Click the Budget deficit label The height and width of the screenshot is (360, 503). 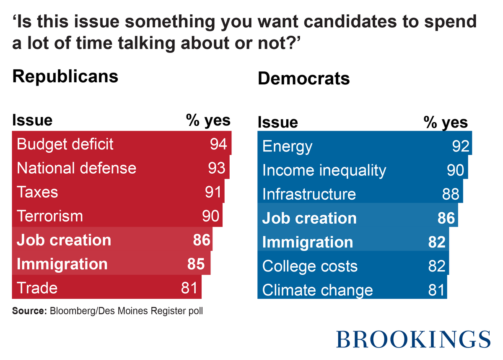(x=65, y=144)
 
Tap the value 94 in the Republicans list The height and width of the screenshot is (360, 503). (x=218, y=144)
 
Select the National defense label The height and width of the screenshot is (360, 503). (x=76, y=168)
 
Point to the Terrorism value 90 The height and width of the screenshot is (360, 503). (x=211, y=216)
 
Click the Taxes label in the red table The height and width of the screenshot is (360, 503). (x=37, y=192)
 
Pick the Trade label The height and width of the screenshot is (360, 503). (x=37, y=288)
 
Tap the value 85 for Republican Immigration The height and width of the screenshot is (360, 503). (x=196, y=264)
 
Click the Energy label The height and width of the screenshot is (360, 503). (x=287, y=147)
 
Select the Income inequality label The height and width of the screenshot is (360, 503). (x=324, y=171)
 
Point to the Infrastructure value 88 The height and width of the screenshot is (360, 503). (x=451, y=195)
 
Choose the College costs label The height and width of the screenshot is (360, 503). (x=310, y=266)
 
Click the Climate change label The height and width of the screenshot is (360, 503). (x=317, y=290)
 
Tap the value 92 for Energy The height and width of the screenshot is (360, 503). (x=460, y=147)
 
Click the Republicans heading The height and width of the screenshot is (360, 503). (x=65, y=77)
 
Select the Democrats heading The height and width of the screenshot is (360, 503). (x=303, y=78)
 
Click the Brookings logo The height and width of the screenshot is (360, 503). (x=413, y=339)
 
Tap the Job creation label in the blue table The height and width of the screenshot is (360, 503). (x=309, y=219)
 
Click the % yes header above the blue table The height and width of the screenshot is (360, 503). (x=445, y=122)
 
